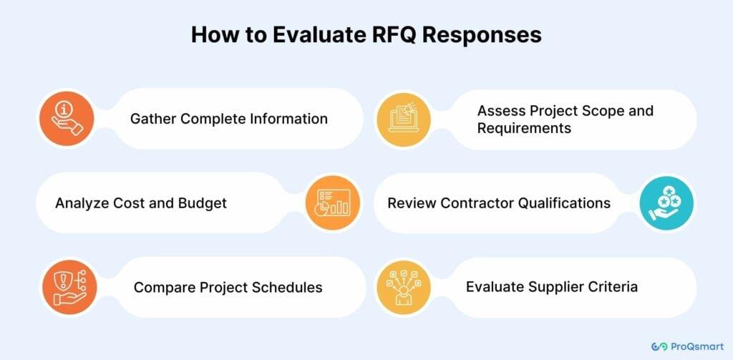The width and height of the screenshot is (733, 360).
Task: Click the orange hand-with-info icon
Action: tap(67, 118)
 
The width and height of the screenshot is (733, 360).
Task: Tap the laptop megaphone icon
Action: tap(404, 120)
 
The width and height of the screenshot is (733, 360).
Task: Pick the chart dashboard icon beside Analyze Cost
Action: tap(333, 203)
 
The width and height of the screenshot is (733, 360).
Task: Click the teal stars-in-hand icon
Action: tap(666, 203)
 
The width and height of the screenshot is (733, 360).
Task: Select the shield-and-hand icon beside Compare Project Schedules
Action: tap(69, 287)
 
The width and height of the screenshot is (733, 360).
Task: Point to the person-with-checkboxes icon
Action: tap(403, 287)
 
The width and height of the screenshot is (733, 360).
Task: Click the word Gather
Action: tap(153, 119)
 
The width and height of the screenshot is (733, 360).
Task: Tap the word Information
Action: tap(288, 119)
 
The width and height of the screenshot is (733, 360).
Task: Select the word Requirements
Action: tap(524, 129)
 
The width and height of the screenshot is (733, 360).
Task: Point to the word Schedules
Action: tap(287, 287)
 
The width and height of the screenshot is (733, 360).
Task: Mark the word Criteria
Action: tap(613, 286)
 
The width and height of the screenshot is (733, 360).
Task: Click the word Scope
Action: tap(599, 112)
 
